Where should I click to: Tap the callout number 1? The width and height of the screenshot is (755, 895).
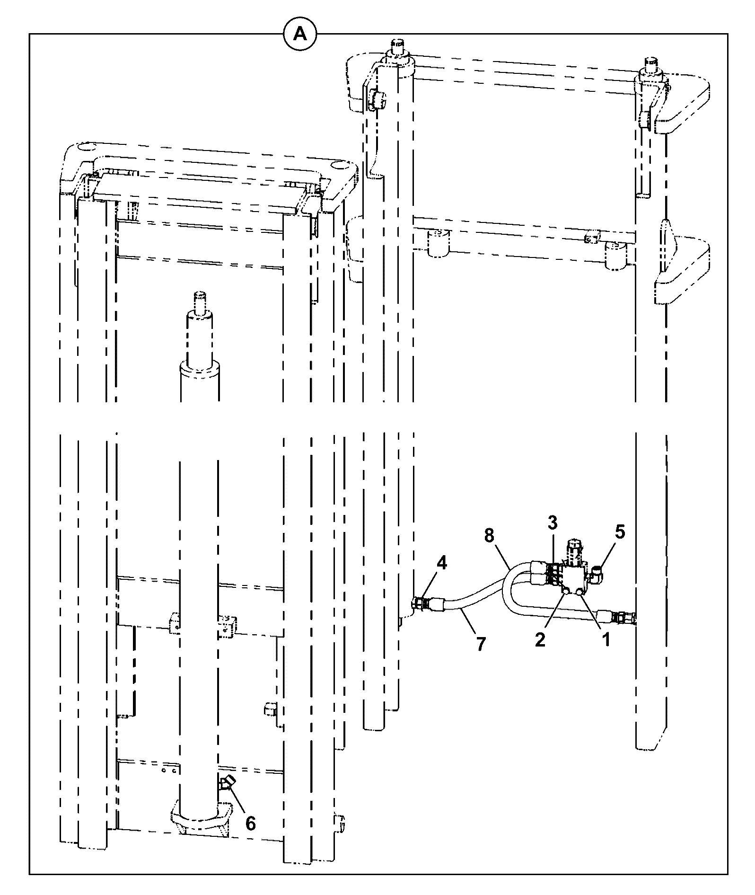(605, 640)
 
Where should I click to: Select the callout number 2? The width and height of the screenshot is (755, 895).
(540, 640)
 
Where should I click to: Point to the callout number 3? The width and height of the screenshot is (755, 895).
(553, 523)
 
